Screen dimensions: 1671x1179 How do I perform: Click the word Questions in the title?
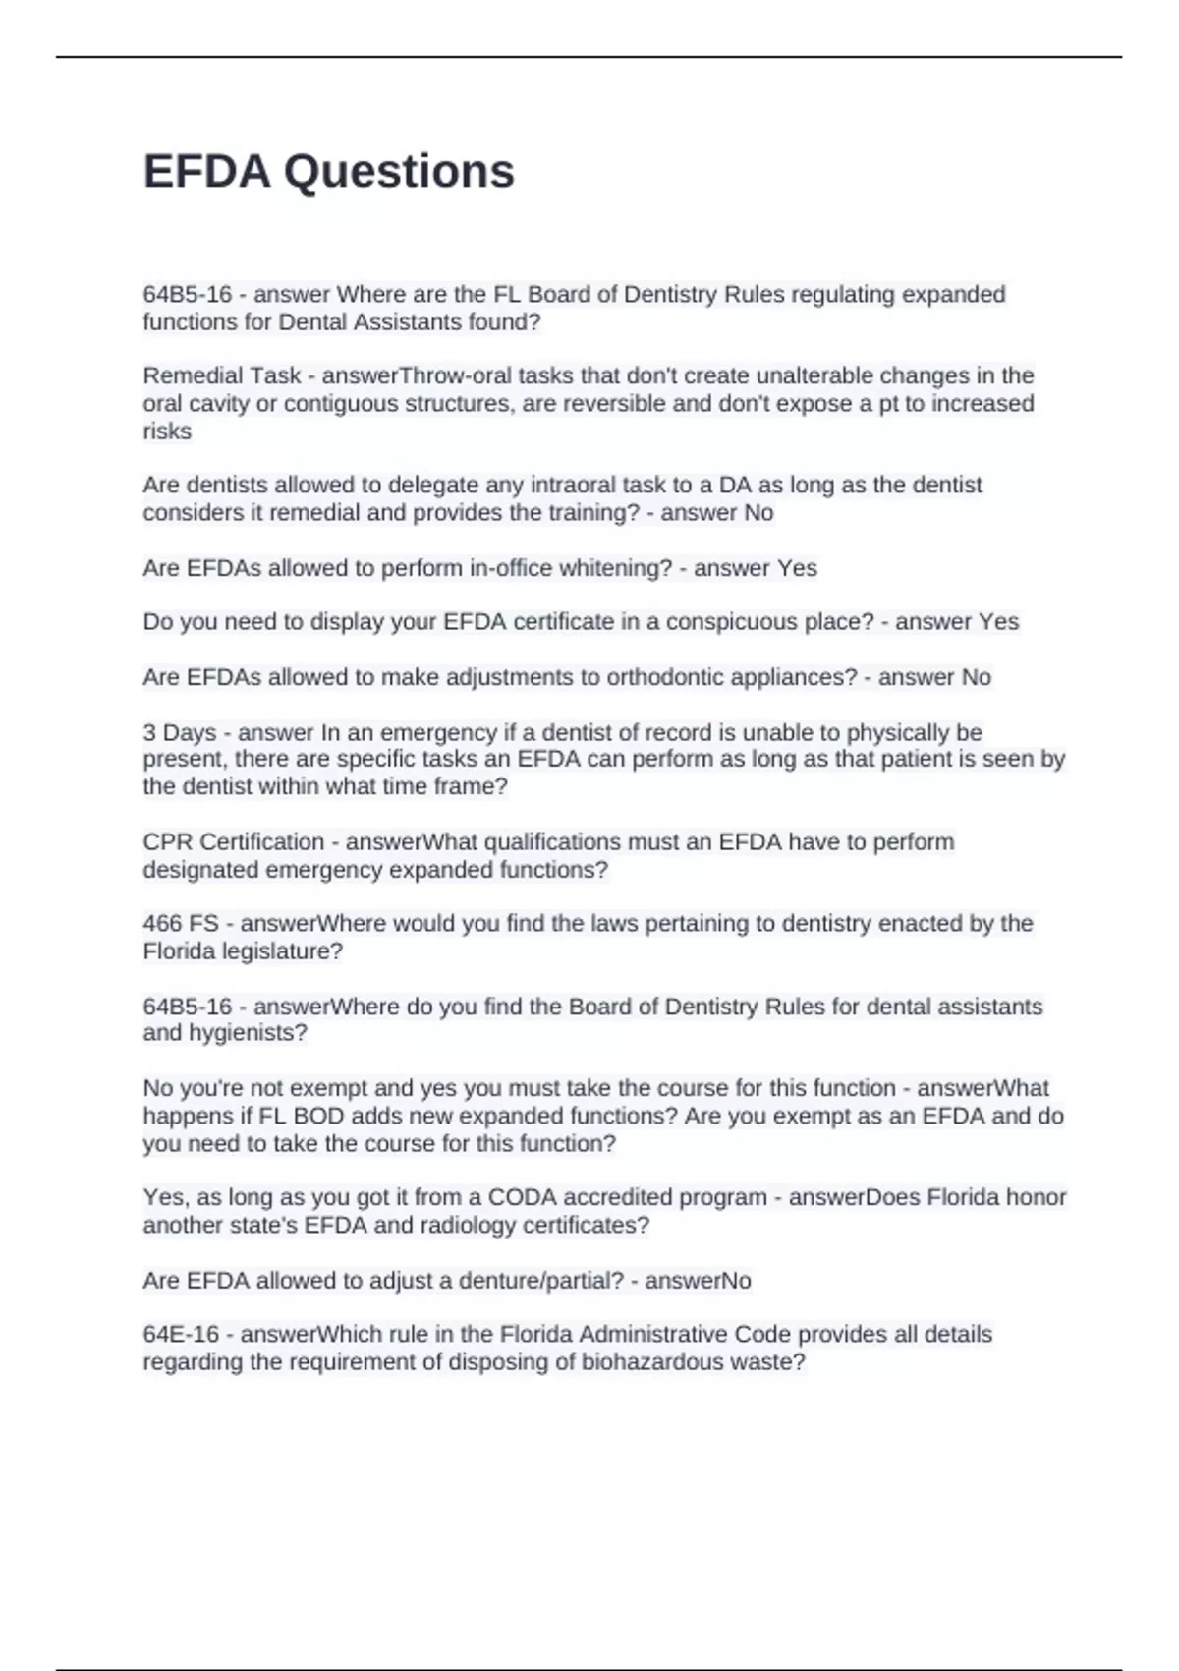point(399,172)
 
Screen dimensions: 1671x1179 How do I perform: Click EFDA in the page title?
point(206,172)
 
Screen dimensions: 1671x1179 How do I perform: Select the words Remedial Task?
point(222,375)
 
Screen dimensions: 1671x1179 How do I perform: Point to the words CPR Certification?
point(234,842)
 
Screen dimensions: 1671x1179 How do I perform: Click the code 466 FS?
point(181,924)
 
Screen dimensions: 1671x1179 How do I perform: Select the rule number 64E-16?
point(181,1335)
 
